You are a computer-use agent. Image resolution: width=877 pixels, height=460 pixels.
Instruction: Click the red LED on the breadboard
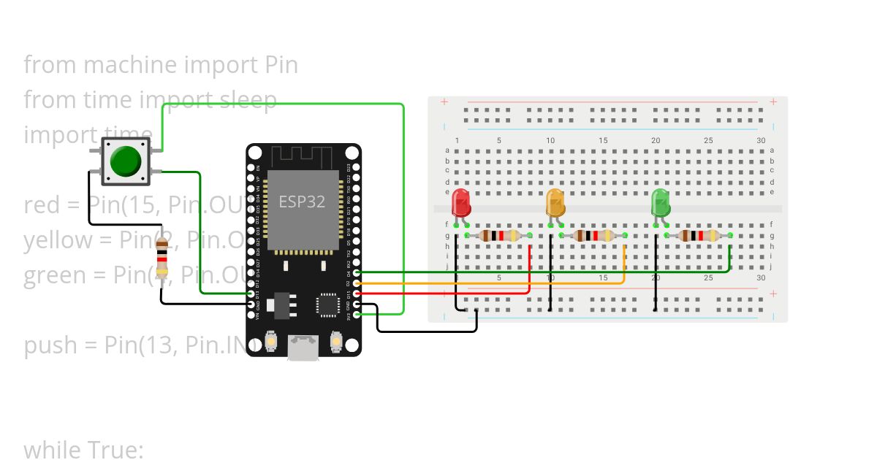pyautogui.click(x=460, y=202)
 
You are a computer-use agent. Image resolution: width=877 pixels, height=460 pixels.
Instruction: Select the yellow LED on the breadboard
pyautogui.click(x=555, y=202)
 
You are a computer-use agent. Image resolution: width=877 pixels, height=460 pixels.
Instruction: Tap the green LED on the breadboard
pyautogui.click(x=661, y=202)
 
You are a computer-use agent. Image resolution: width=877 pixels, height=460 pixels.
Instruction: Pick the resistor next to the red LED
pyautogui.click(x=498, y=235)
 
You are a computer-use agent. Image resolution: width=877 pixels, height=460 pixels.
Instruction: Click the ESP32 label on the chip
pyautogui.click(x=302, y=202)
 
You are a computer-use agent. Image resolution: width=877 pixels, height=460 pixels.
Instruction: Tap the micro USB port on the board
pyautogui.click(x=303, y=348)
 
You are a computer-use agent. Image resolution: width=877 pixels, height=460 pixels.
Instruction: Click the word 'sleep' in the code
pyautogui.click(x=248, y=100)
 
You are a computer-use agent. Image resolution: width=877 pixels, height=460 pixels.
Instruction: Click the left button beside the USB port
pyautogui.click(x=271, y=341)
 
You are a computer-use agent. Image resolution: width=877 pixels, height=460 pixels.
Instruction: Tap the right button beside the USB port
pyautogui.click(x=336, y=341)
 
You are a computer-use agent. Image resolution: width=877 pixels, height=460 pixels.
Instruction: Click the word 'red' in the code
pyautogui.click(x=41, y=205)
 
